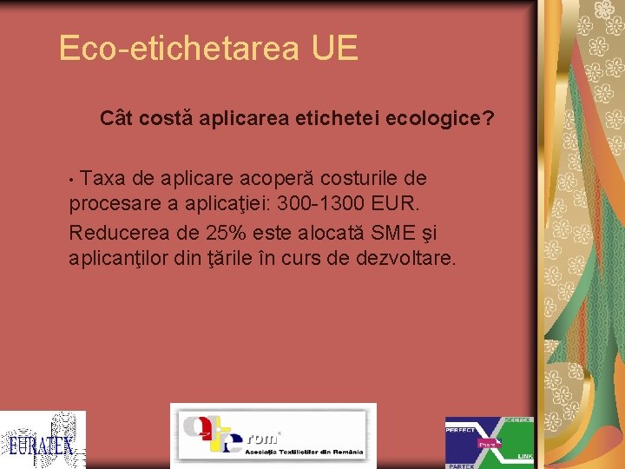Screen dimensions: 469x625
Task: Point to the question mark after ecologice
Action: pos(489,117)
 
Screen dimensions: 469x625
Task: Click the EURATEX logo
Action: pos(43,439)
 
